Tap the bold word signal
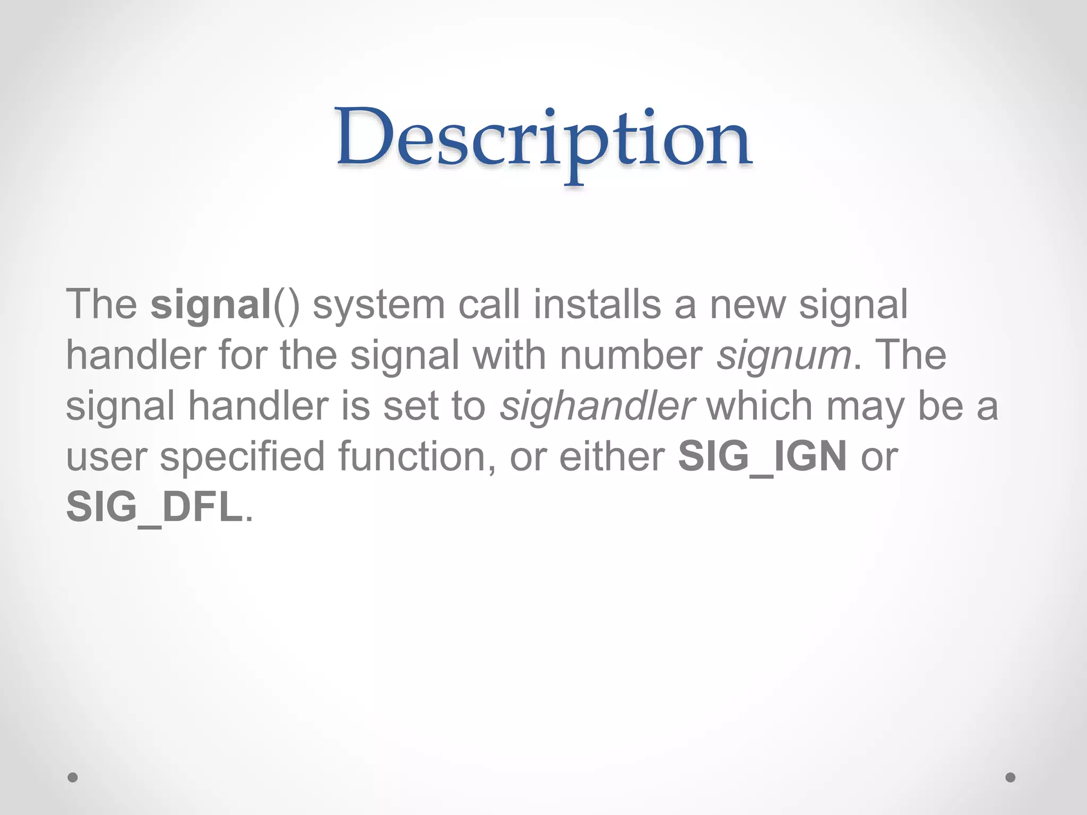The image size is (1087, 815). pyautogui.click(x=211, y=305)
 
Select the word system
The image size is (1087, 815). pyautogui.click(x=378, y=305)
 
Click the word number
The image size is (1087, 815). pyautogui.click(x=631, y=355)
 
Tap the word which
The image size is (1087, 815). pyautogui.click(x=760, y=406)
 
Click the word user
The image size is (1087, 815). pyautogui.click(x=106, y=457)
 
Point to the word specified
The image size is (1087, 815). pyautogui.click(x=242, y=457)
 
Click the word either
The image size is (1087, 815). pyautogui.click(x=612, y=456)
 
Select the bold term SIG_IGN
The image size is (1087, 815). pyautogui.click(x=762, y=457)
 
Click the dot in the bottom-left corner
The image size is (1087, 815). pyautogui.click(x=73, y=777)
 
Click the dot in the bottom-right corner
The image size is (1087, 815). pyautogui.click(x=1011, y=777)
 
